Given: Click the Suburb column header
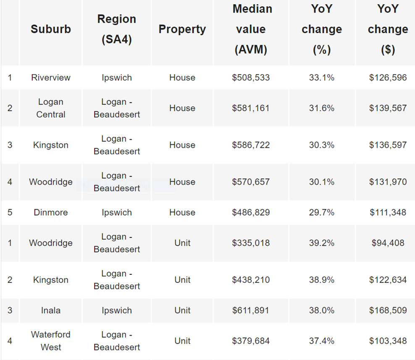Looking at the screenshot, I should [x=50, y=29].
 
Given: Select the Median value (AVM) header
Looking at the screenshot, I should [x=251, y=29].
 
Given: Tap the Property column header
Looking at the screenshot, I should [x=182, y=29].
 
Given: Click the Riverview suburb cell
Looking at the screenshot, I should [x=50, y=78].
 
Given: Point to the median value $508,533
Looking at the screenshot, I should [x=251, y=78].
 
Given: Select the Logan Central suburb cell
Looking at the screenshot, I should [x=50, y=108].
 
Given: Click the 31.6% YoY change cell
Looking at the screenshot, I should [x=321, y=108].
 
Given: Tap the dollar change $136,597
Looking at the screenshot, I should [x=388, y=145].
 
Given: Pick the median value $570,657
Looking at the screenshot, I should [x=251, y=182].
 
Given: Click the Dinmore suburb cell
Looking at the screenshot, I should [x=50, y=212].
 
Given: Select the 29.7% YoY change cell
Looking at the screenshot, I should [x=321, y=212].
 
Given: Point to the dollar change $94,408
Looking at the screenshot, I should [x=388, y=243].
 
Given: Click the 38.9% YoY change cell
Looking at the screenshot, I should [x=321, y=280].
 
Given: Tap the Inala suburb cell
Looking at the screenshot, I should [x=50, y=310].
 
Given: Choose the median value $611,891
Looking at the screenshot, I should [x=251, y=310].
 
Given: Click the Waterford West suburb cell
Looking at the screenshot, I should [x=50, y=341].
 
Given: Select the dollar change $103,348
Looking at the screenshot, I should [x=388, y=341].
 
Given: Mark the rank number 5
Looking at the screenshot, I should [x=10, y=212].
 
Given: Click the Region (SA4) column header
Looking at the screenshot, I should [x=116, y=29].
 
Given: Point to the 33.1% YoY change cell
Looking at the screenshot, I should [x=321, y=78].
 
